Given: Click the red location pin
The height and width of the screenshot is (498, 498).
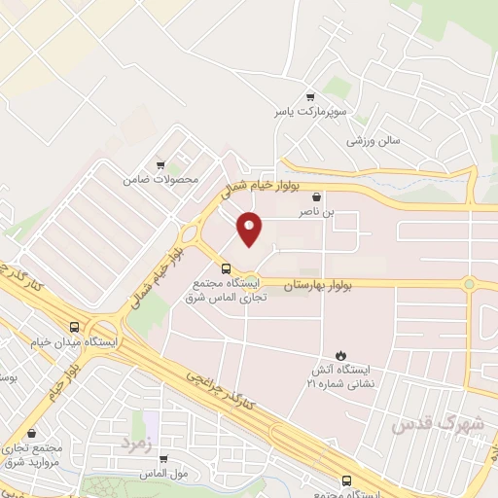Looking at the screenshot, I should point(250,229).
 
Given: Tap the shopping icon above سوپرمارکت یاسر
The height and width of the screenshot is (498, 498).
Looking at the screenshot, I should point(310,96).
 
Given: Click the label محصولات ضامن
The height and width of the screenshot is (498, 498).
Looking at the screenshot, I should point(160,179).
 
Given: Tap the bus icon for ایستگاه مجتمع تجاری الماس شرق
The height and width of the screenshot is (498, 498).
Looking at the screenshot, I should point(227,268).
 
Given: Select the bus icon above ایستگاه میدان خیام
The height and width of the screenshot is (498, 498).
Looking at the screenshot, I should point(75,328).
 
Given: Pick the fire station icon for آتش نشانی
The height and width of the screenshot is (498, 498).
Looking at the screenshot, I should point(340,356).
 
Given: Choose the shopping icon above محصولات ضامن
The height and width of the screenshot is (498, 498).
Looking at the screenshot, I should point(160,165).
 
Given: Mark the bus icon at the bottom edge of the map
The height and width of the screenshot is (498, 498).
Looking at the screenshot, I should point(346,480).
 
